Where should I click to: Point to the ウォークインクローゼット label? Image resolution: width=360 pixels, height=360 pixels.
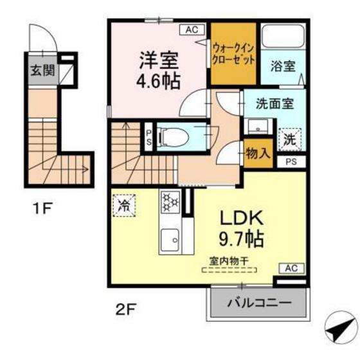[x=233, y=53]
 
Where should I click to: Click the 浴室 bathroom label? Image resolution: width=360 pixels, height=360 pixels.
[x=283, y=66]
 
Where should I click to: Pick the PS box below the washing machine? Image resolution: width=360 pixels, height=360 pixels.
[x=291, y=161]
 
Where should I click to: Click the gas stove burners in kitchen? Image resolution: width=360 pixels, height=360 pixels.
[x=171, y=203]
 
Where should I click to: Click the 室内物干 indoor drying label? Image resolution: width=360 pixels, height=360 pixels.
[x=230, y=262]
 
